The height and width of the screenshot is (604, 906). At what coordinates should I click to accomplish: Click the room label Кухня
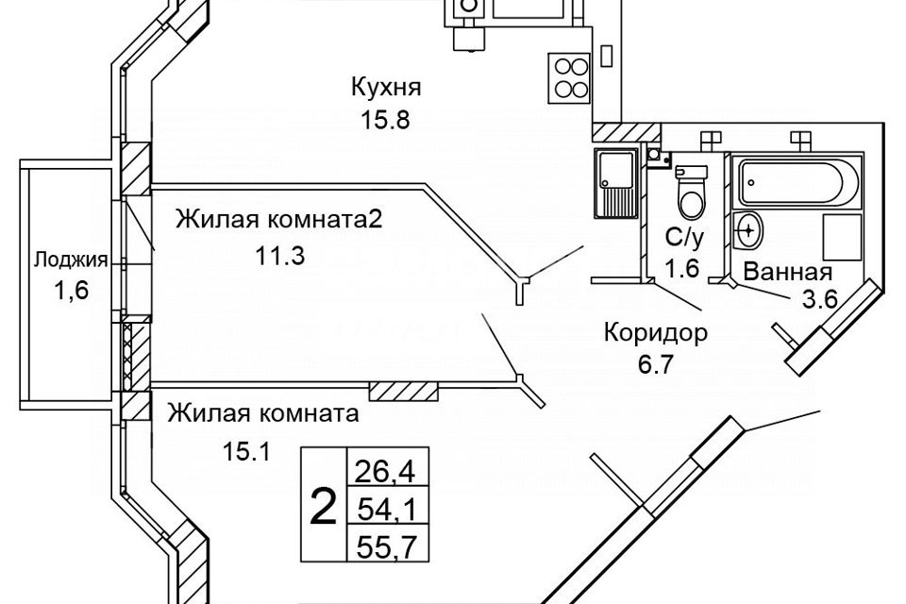(x=385, y=89)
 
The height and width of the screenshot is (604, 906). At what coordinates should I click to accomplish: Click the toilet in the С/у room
(x=690, y=190)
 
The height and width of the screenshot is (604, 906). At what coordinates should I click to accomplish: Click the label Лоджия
(x=70, y=260)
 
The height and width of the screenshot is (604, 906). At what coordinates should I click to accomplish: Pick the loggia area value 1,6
(x=70, y=292)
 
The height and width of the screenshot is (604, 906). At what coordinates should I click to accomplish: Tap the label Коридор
(x=655, y=332)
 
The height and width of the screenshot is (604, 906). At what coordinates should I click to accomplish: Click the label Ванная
(x=788, y=273)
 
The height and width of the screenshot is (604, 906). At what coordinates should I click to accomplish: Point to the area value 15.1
(x=247, y=451)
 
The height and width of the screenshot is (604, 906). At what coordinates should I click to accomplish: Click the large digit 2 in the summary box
(x=323, y=509)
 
